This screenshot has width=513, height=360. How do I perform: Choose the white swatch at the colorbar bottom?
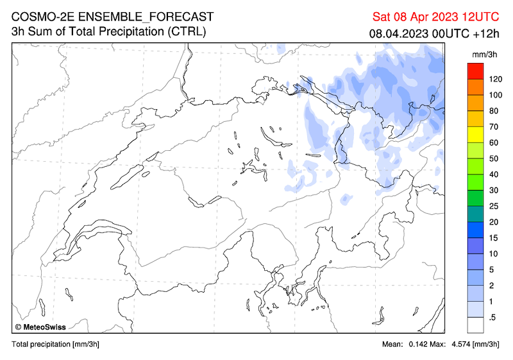point(475,325)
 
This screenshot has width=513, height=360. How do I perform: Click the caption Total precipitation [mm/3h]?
point(55,345)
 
